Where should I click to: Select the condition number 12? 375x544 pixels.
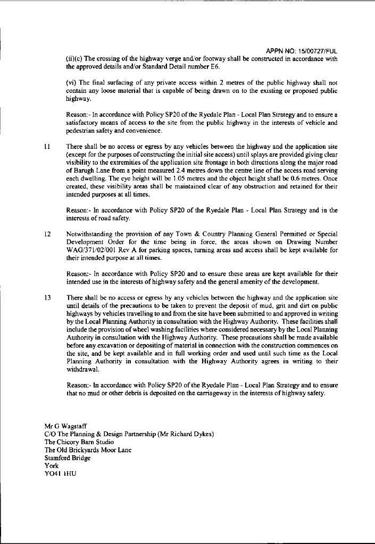tap(47, 234)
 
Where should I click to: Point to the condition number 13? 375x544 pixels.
tap(47, 298)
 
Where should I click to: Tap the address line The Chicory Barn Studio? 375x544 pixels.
tap(79, 441)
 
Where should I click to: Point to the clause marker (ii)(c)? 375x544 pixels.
tap(74, 59)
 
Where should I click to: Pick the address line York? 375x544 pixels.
tap(52, 465)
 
